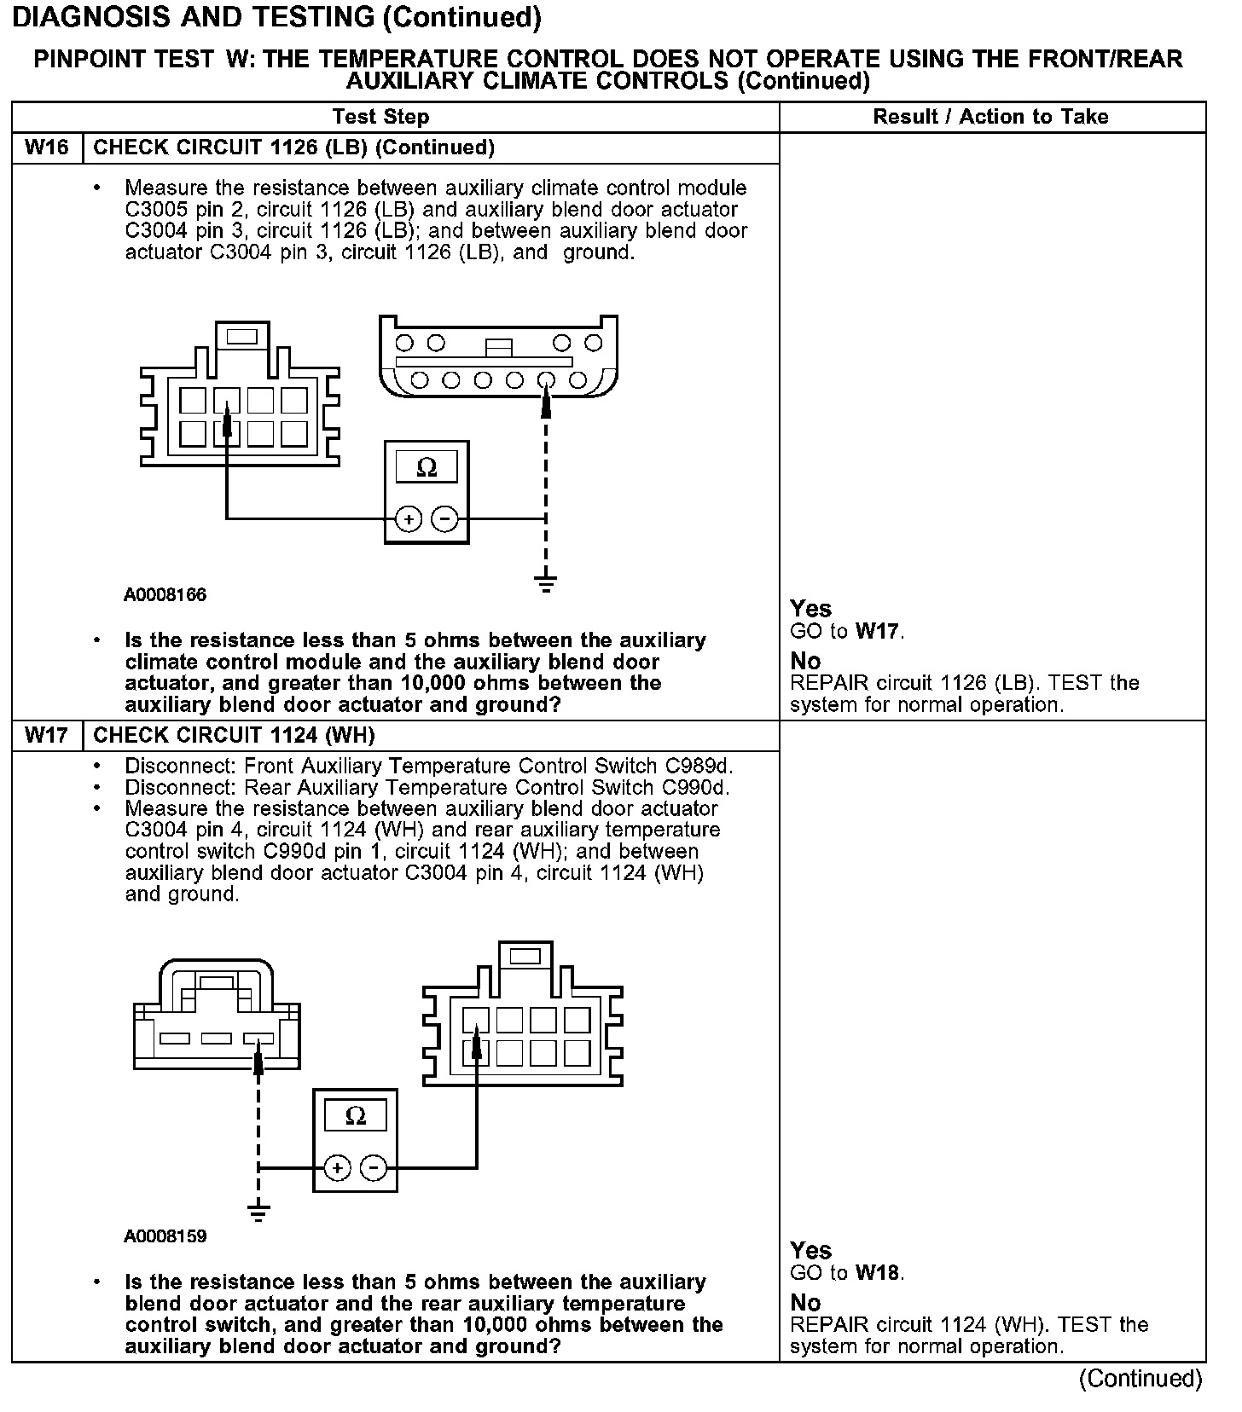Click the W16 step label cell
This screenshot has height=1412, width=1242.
tap(46, 148)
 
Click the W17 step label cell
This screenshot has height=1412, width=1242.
tap(46, 735)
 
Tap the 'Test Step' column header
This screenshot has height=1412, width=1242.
tap(380, 117)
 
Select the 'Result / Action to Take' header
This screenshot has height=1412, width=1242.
tap(990, 117)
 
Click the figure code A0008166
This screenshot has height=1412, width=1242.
tap(165, 595)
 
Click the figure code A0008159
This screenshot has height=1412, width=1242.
tap(165, 1236)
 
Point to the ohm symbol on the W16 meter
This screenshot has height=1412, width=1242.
tap(427, 467)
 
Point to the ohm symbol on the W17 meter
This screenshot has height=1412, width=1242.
tap(356, 1116)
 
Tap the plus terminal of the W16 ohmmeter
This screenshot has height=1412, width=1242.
tap(409, 518)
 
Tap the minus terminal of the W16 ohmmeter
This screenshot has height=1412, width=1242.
tap(444, 518)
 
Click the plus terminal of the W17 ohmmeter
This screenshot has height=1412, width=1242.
tap(338, 1167)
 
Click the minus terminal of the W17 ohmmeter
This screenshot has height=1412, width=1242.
tap(374, 1167)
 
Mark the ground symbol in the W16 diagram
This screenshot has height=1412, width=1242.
tap(546, 583)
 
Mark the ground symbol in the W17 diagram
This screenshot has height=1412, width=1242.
tap(258, 1211)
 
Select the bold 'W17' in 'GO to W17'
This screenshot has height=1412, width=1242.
tap(877, 632)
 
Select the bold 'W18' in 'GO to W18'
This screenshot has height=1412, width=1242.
tap(877, 1273)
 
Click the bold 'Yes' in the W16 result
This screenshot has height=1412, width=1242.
tap(810, 609)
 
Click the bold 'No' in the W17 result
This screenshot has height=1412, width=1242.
tap(805, 1303)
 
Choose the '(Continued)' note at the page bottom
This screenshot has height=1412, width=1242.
tap(1140, 1379)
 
